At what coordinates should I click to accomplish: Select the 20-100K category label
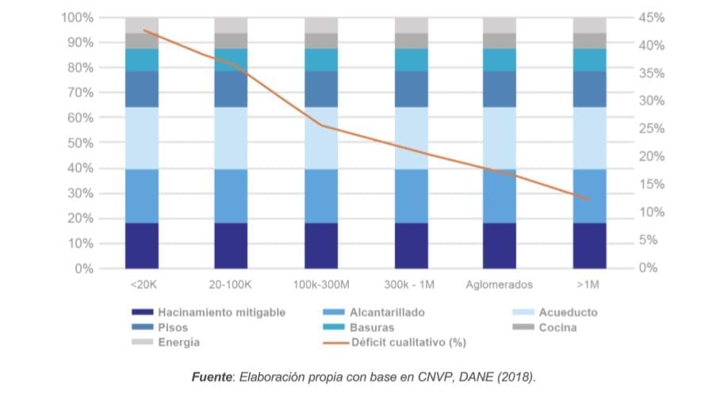231,284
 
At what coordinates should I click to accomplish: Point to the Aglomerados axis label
500,284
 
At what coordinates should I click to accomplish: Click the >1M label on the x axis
589,284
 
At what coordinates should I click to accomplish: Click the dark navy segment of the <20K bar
142,246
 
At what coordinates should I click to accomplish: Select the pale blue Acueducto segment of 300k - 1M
411,138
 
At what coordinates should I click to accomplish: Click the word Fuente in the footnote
211,377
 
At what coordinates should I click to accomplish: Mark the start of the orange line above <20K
144,30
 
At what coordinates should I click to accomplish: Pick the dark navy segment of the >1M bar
589,246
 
